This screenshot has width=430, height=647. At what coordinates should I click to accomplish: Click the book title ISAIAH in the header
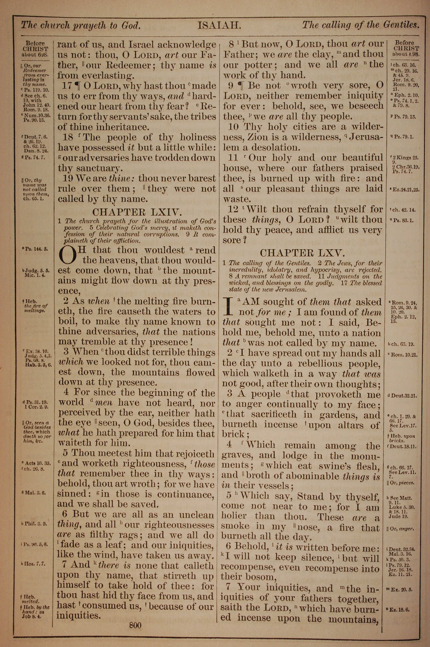click(219, 26)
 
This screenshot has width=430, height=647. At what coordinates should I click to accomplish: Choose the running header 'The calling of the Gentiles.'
click(361, 25)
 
